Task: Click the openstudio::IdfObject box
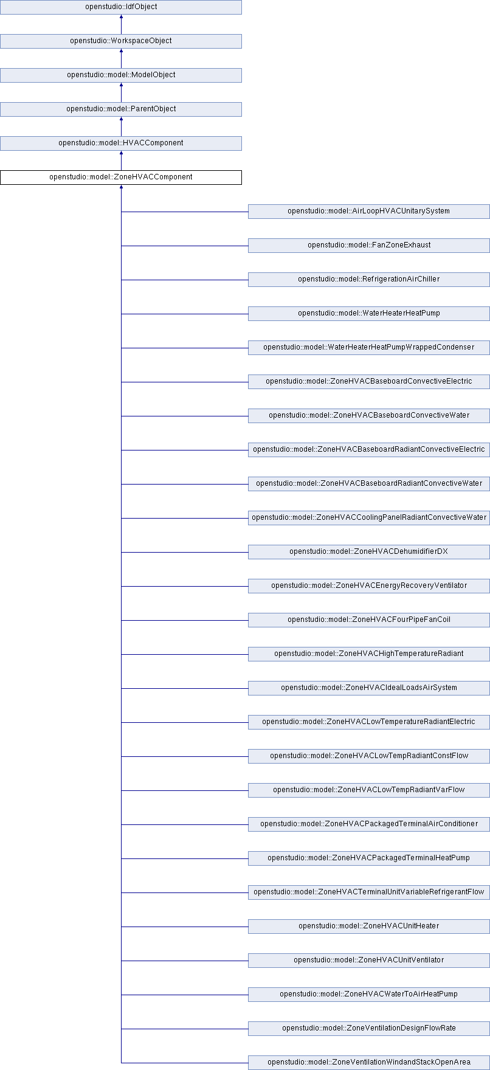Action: (121, 7)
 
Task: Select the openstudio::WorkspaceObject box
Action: (121, 41)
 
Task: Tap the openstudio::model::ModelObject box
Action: (121, 75)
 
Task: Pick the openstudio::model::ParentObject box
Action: (121, 109)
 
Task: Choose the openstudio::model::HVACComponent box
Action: (121, 143)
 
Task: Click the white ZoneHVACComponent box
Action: (121, 178)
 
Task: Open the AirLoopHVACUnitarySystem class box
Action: (368, 212)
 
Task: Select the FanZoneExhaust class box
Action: (368, 246)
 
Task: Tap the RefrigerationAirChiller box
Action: (368, 280)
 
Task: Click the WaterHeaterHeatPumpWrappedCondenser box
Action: (368, 348)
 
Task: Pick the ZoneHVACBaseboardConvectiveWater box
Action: (368, 416)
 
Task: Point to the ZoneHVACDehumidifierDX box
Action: (368, 552)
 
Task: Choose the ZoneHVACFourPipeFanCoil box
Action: (368, 620)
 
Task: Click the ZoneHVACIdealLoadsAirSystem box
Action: (368, 688)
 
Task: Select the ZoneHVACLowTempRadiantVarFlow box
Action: (368, 790)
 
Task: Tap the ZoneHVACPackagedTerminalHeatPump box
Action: (368, 858)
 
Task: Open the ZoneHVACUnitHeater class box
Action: (368, 927)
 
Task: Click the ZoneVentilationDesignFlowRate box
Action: (368, 1029)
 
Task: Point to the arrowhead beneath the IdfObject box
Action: (121, 17)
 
